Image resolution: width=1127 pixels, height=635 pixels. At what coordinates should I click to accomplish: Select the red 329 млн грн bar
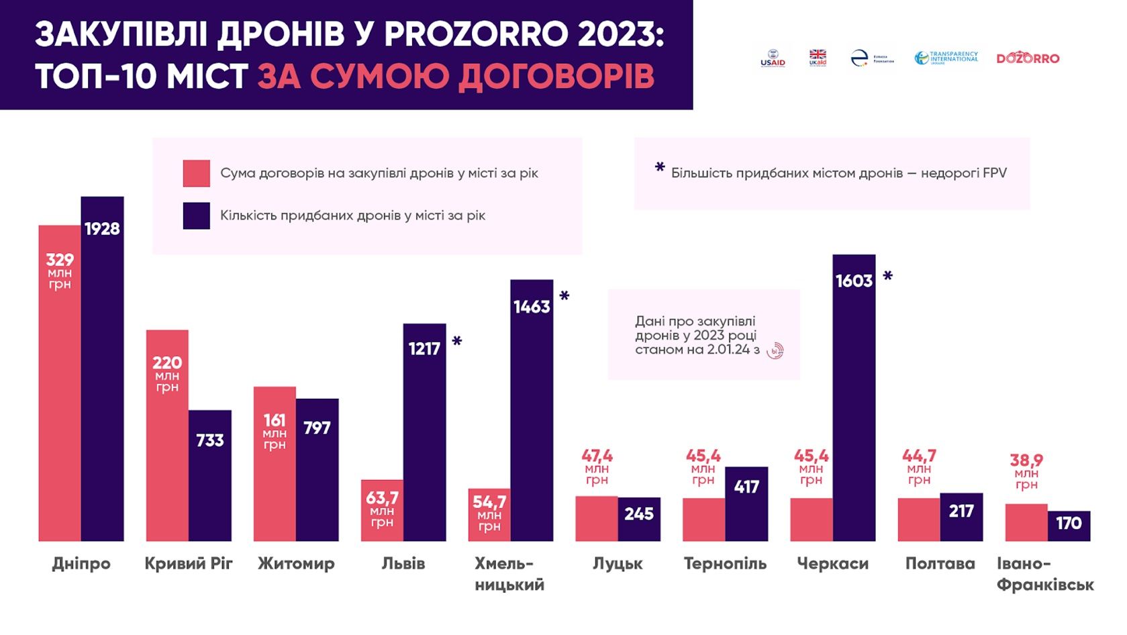(x=60, y=383)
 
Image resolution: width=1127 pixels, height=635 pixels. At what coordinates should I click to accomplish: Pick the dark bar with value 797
(x=317, y=470)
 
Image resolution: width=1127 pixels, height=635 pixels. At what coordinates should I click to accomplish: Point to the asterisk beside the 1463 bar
(x=565, y=296)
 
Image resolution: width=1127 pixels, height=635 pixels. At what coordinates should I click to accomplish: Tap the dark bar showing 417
(x=746, y=503)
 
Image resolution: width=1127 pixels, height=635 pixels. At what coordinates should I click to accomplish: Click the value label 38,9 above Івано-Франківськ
(x=1026, y=460)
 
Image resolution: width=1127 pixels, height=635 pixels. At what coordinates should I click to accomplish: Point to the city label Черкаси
(x=832, y=564)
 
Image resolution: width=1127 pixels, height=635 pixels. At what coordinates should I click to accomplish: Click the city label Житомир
(x=296, y=564)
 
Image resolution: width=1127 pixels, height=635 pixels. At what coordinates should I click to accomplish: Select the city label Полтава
(x=940, y=564)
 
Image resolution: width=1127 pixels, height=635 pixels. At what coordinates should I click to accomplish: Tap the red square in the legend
(x=196, y=173)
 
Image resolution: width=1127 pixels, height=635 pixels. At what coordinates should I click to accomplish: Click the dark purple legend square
(x=196, y=216)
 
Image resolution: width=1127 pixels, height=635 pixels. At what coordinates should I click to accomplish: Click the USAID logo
(x=773, y=58)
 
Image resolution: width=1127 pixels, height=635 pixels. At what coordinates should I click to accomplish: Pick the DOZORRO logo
(x=1028, y=58)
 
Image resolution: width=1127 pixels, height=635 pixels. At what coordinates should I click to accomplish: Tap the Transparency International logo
(x=946, y=58)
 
